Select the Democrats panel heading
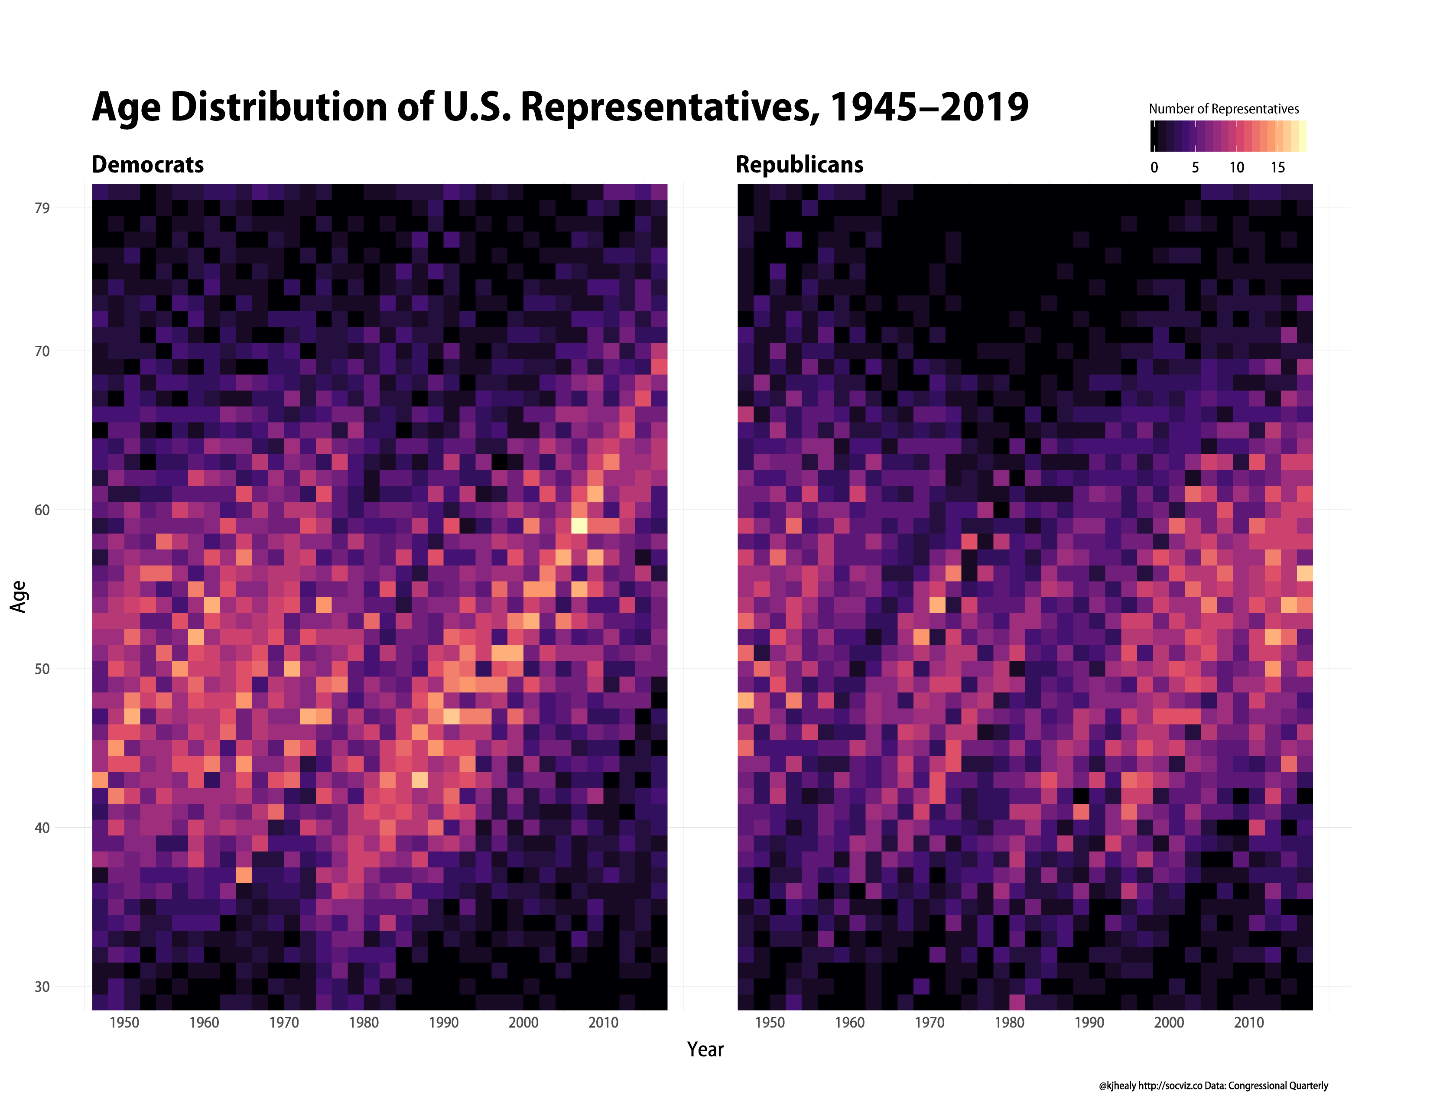(147, 164)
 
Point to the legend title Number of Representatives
(1223, 109)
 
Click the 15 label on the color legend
(1277, 168)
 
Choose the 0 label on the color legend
(1154, 168)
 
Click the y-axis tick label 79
(42, 208)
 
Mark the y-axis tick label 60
(42, 510)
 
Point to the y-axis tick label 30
(42, 987)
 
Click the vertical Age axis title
(19, 596)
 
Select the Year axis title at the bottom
(705, 1050)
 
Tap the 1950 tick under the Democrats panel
(124, 1023)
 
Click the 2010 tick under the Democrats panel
(603, 1023)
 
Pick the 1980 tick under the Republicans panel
(1009, 1023)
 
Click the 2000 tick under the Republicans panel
(1169, 1023)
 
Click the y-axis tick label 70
(42, 351)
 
